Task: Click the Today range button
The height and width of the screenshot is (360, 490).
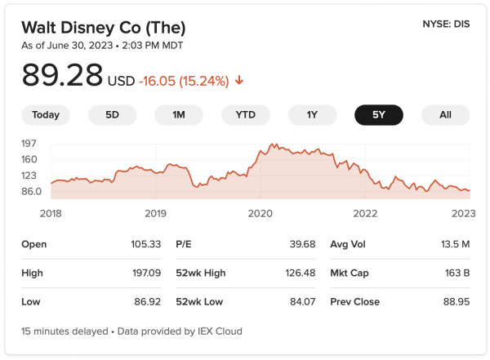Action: click(46, 115)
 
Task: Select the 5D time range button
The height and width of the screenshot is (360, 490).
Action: click(112, 115)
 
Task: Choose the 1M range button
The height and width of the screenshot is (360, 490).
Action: click(179, 115)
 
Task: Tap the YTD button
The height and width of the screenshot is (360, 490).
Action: click(245, 115)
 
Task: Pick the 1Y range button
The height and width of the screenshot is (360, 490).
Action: click(312, 115)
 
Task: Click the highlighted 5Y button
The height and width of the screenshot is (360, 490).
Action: click(378, 115)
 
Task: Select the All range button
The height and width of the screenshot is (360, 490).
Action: click(445, 115)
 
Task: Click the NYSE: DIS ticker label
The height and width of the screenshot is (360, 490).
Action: click(447, 24)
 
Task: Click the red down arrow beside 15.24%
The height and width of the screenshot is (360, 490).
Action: click(239, 81)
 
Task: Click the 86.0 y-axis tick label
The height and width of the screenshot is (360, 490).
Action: click(31, 191)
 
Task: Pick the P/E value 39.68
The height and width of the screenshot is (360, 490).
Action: click(301, 244)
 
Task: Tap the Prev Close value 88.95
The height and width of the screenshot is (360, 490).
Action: click(456, 301)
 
